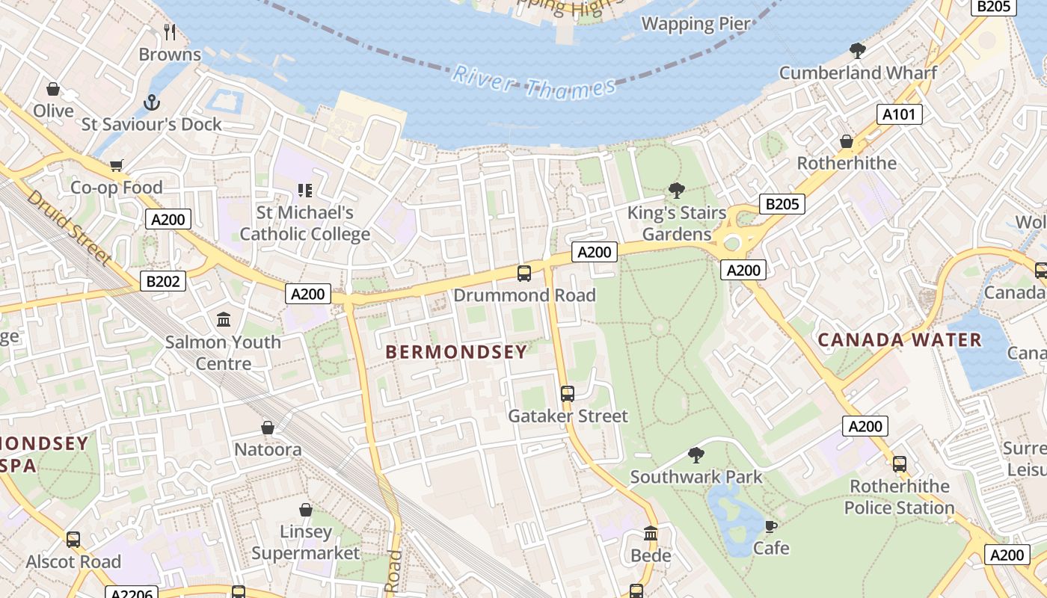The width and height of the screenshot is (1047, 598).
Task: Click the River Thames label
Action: point(534,82)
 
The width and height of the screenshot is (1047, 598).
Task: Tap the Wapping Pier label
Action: point(696,24)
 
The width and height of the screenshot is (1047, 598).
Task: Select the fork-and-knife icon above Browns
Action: point(170,31)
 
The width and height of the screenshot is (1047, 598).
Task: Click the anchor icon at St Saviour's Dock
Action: point(152,102)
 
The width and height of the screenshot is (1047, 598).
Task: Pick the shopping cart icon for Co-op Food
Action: point(116,165)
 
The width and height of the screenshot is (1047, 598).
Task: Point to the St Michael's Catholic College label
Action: point(304,224)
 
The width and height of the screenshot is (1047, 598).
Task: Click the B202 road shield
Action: point(163,281)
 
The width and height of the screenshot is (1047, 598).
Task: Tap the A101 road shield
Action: point(899,114)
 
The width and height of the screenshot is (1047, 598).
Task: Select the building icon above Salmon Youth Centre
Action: point(224,320)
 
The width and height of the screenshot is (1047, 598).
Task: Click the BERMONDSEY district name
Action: point(456,352)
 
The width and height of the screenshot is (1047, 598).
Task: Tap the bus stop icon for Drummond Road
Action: point(524,274)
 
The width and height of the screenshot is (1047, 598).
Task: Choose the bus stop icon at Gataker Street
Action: point(568,393)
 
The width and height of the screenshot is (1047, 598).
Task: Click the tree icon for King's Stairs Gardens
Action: point(677,191)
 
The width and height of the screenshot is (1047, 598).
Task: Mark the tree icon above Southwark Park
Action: point(696,454)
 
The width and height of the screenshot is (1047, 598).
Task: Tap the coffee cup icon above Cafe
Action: point(770,525)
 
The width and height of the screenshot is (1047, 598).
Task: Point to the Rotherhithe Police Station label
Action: point(899,497)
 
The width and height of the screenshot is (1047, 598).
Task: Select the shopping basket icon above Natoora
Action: point(268,428)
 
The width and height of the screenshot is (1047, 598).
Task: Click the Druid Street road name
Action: point(70,227)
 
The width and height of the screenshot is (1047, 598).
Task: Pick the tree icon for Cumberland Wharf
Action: point(858,51)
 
